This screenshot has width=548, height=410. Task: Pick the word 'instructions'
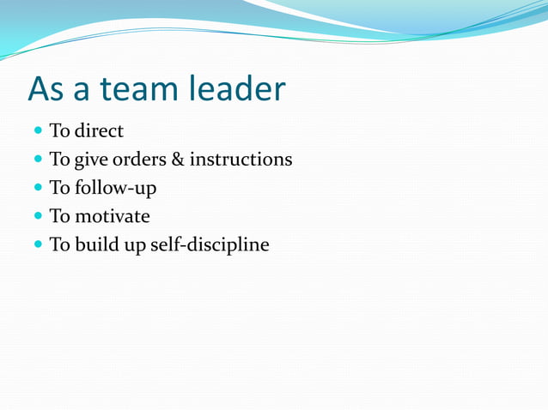[241, 160]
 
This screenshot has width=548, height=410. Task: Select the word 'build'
[97, 244]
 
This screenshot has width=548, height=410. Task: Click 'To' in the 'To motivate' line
[59, 216]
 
